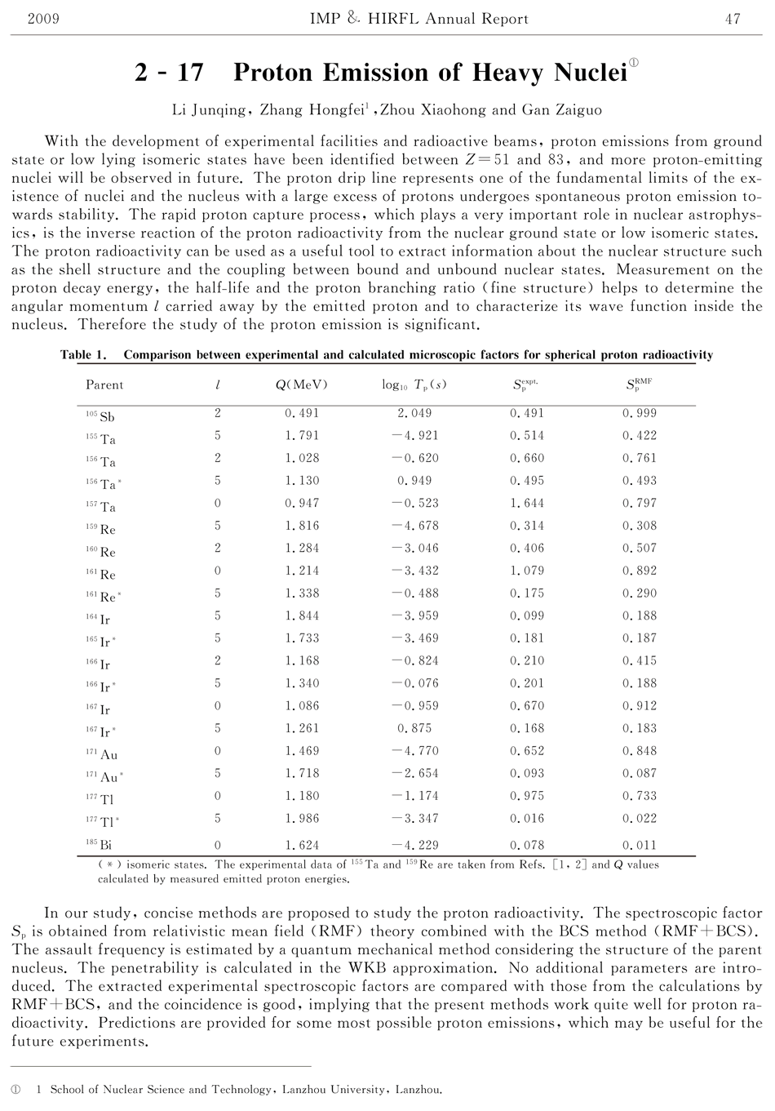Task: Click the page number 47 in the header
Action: coord(733,18)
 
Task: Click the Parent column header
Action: coord(104,384)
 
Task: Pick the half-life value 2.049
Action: coord(414,413)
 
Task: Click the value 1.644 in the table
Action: coord(526,503)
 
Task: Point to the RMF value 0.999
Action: coord(639,413)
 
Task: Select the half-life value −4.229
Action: coord(414,846)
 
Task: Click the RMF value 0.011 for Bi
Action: coord(639,846)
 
